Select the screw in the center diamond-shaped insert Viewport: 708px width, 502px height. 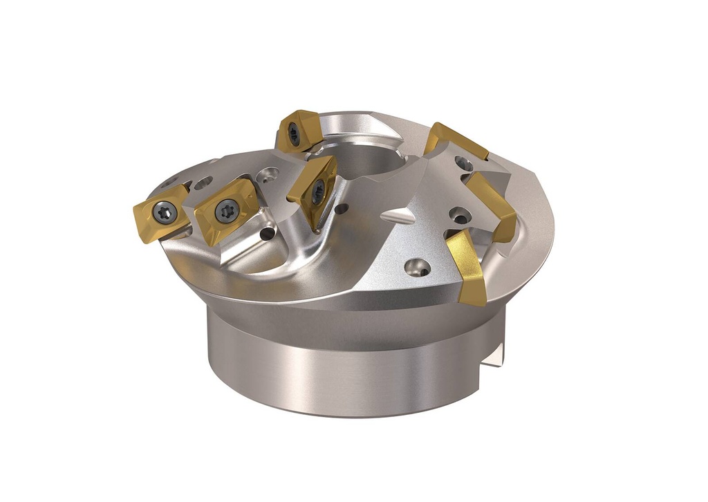(x=317, y=192)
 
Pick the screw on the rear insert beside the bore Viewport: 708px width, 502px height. (x=295, y=133)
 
